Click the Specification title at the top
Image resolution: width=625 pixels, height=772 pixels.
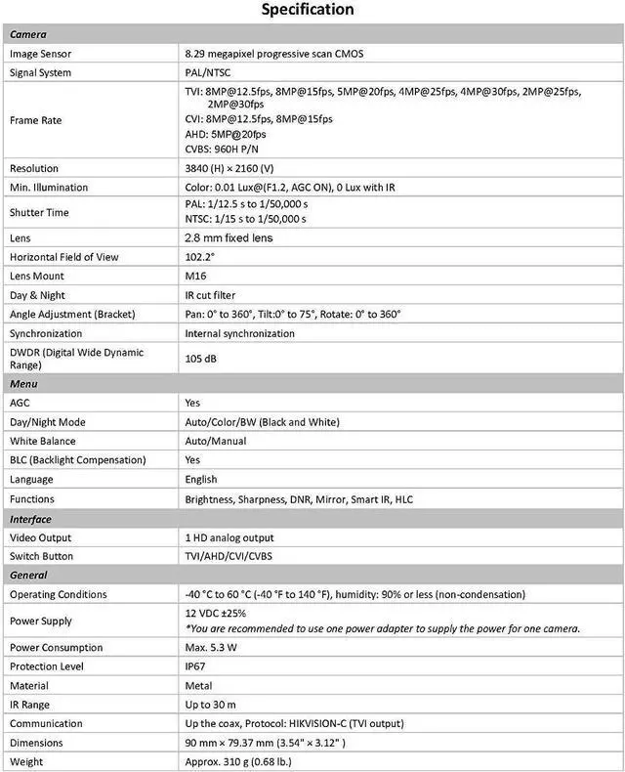pos(307,11)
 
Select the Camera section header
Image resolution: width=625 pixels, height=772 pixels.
pos(29,34)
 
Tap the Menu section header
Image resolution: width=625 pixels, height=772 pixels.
pos(25,384)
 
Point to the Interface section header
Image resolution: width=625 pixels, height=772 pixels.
pos(31,519)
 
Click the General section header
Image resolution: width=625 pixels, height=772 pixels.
pos(29,576)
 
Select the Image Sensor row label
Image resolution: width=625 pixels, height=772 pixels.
pos(41,54)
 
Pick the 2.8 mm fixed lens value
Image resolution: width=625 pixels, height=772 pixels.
pos(229,237)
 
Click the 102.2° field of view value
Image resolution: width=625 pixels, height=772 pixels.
pos(199,257)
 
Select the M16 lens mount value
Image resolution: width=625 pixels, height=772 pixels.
pos(195,276)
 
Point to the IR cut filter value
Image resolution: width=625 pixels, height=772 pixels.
pos(210,295)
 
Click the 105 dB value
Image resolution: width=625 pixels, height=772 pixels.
pos(201,359)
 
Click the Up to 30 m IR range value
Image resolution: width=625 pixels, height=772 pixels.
pos(211,705)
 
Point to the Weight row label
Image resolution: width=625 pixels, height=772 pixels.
pos(27,761)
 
